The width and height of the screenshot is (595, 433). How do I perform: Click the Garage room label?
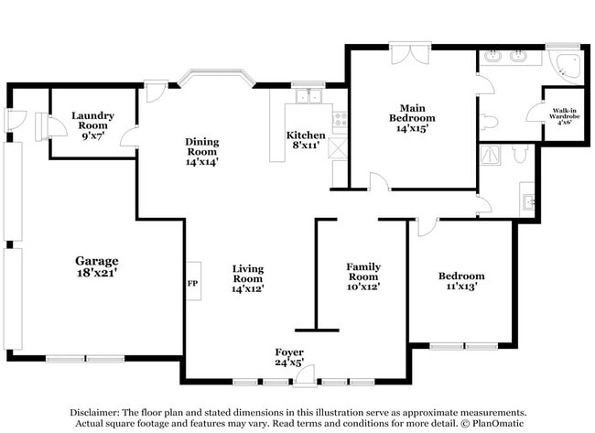96,261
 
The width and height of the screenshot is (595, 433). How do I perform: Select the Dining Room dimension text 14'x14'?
201,161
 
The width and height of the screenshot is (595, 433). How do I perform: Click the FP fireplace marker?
192,284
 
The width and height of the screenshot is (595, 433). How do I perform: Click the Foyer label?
289,352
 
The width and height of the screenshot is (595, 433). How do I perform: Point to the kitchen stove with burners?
340,118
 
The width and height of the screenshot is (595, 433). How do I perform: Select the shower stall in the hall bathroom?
495,156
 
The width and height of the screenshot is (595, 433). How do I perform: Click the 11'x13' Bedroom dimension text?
460,287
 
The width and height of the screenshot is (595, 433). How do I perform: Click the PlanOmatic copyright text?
492,424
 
